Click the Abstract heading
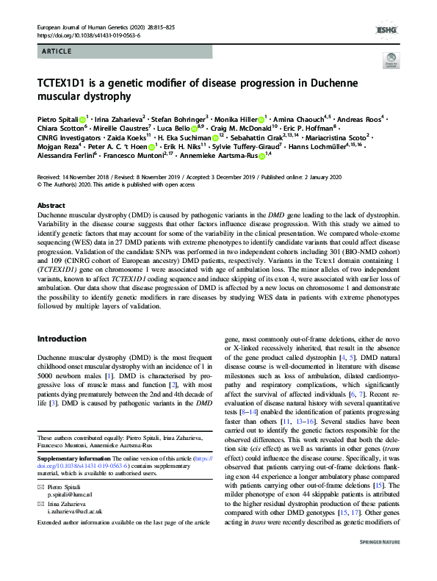pos(51,206)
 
